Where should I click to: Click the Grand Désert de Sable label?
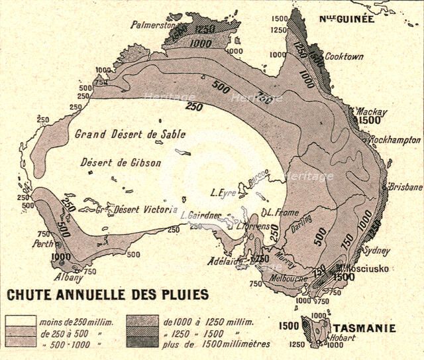(119, 134)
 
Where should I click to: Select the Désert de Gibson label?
(115, 162)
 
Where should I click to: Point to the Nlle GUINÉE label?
(347, 19)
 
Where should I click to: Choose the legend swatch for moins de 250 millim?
(21, 322)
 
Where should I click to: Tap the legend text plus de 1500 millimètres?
(210, 343)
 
